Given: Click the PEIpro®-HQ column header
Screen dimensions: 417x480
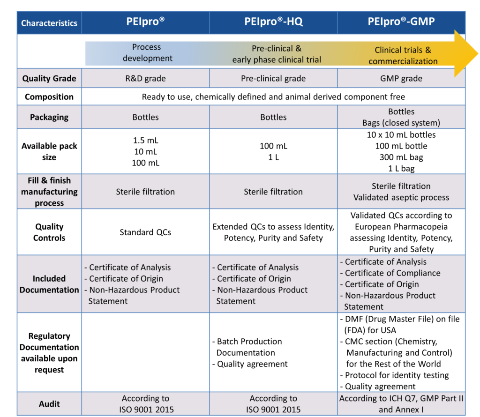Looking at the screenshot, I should tap(273, 22).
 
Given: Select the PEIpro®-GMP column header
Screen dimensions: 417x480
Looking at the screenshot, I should tap(401, 22).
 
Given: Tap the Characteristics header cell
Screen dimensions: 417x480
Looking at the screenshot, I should tap(49, 23).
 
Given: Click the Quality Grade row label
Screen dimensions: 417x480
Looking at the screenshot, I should tap(49, 79).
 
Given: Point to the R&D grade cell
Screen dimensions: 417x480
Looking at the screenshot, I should tap(145, 79).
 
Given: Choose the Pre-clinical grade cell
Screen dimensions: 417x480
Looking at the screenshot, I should tap(273, 79).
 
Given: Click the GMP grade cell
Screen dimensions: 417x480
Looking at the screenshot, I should tap(401, 79).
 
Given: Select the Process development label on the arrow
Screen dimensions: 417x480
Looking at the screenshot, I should tap(146, 53).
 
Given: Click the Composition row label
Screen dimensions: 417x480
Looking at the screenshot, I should tap(49, 97).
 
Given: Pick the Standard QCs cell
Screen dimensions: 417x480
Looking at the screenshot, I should tap(145, 232).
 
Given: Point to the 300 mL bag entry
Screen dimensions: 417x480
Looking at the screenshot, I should tap(401, 157).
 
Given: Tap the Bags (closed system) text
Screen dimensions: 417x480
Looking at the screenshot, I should tap(401, 123).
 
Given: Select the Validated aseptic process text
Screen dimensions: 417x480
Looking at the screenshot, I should tap(401, 197).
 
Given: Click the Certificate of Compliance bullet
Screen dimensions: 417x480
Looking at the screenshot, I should tap(392, 273).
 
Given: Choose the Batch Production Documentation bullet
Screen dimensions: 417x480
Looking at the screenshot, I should tap(249, 347).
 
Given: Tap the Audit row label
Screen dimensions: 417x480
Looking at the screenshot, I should tap(49, 404).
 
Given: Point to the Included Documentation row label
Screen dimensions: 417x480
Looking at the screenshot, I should tap(49, 284).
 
